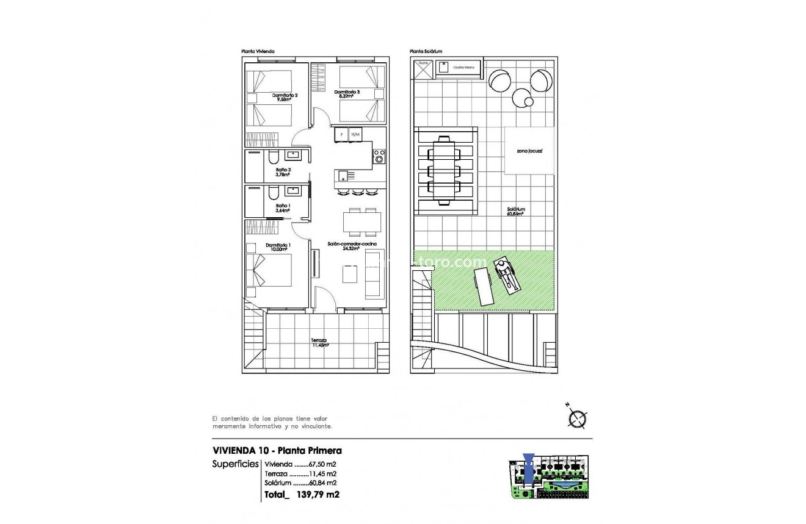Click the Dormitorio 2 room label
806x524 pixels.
click(285, 95)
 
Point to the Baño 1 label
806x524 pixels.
click(282, 206)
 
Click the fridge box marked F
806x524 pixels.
click(341, 134)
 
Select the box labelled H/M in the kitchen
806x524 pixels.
click(356, 134)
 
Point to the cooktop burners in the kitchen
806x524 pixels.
click(379, 157)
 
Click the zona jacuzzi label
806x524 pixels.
click(529, 150)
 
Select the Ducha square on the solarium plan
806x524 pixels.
click(423, 69)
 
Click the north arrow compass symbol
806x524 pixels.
click(576, 418)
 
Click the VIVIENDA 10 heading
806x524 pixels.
click(241, 451)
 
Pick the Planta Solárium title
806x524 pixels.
click(426, 52)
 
